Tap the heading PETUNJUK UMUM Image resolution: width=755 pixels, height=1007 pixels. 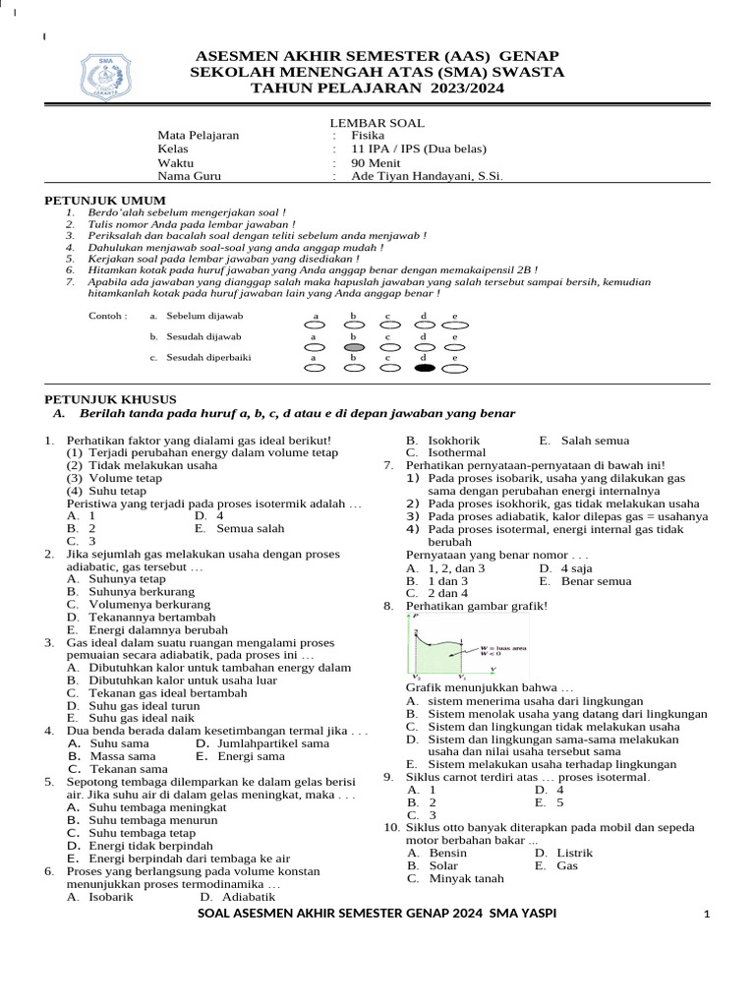94,200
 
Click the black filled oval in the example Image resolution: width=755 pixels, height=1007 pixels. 424,369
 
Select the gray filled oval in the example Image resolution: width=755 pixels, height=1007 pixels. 355,347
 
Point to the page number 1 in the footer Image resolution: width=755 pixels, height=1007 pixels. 706,916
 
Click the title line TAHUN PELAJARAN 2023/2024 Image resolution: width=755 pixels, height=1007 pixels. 377,88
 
